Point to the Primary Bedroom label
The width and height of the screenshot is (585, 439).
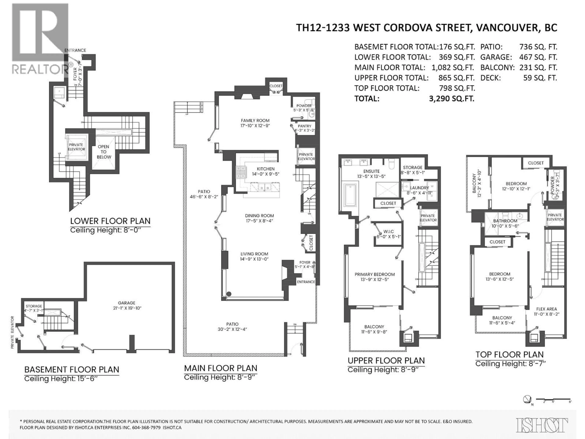374,274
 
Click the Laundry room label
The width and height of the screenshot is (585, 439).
419,188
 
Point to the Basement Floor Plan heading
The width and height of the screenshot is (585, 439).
72,369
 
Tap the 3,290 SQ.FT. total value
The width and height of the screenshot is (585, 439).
451,99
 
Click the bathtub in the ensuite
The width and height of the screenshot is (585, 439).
350,195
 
